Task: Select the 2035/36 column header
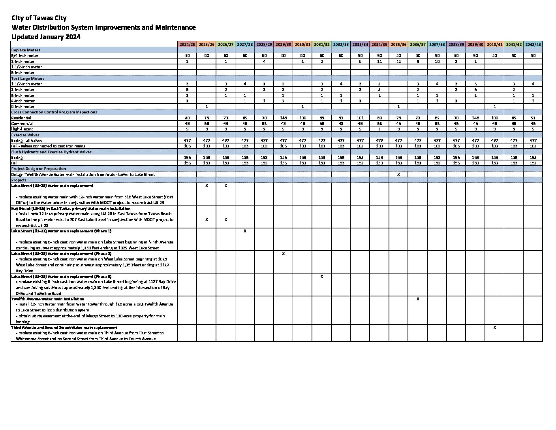[398, 44]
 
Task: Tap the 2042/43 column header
[533, 44]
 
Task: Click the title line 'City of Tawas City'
[39, 18]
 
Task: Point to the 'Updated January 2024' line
[46, 37]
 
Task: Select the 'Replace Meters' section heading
[26, 50]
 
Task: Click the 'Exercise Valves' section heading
[25, 135]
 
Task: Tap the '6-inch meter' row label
[23, 106]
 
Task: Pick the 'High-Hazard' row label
[22, 129]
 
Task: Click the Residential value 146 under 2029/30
[284, 118]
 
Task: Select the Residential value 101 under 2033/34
[360, 118]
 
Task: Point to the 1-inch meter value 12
[398, 61]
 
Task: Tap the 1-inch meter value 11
[379, 61]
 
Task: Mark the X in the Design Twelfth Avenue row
[398, 174]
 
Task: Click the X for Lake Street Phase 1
[245, 231]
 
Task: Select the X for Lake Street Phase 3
[322, 276]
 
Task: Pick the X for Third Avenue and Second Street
[494, 327]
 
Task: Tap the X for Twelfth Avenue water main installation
[418, 299]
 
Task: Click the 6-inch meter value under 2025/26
[207, 106]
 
